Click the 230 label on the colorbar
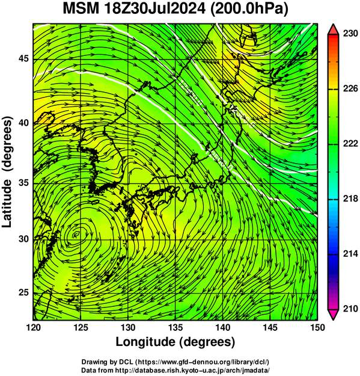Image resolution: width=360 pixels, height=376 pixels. point(350,34)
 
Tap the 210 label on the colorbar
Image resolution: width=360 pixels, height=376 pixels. point(350,309)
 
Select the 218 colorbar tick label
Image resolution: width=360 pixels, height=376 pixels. point(350,199)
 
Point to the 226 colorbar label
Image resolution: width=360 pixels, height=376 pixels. point(350,88)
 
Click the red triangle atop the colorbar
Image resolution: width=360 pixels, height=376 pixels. point(333,29)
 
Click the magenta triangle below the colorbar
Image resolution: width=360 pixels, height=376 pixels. point(333,315)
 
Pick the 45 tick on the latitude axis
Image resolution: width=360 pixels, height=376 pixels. point(23,58)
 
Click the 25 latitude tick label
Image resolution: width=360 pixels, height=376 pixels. point(23,293)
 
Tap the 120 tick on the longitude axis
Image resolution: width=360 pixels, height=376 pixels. point(33,327)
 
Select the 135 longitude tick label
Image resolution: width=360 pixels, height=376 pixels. point(175,327)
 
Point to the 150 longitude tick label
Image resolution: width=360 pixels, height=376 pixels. point(317,327)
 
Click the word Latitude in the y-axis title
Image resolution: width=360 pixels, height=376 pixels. point(7,203)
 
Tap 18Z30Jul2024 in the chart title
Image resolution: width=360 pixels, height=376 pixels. point(154,9)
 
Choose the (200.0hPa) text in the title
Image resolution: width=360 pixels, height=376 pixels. point(249,10)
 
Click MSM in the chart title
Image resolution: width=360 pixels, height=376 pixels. point(81,9)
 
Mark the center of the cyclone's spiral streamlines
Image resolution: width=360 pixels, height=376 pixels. point(76,234)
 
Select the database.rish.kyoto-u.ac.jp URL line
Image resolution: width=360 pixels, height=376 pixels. point(192,370)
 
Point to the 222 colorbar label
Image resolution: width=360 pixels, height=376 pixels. point(350,144)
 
